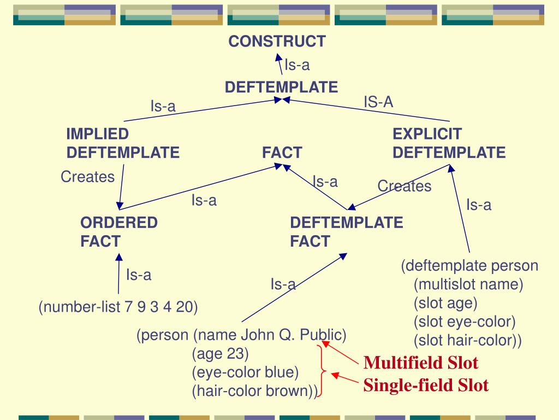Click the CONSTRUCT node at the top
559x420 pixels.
[277, 41]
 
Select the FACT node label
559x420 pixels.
[282, 153]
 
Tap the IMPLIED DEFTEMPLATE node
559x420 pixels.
[123, 143]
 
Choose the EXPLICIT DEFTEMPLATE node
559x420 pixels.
[449, 143]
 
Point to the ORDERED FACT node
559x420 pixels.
[119, 232]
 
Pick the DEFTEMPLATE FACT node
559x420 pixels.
[346, 232]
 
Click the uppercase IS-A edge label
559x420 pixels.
[378, 102]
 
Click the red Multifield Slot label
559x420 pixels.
[421, 363]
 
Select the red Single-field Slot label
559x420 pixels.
[426, 385]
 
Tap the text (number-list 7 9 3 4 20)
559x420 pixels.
[118, 307]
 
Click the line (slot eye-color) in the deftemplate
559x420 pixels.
[465, 322]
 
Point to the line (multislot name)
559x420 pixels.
[468, 285]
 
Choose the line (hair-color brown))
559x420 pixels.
[254, 391]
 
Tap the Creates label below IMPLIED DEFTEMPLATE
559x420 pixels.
[87, 177]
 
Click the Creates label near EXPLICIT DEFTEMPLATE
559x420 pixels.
[404, 186]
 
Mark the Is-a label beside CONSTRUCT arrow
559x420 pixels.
[297, 66]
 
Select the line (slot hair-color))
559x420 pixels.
[468, 340]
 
